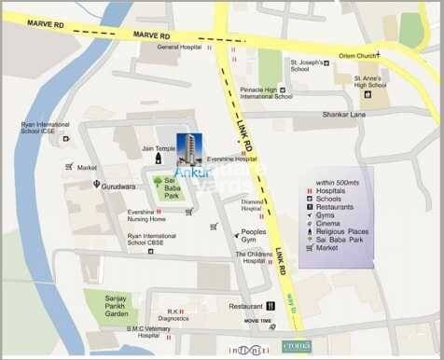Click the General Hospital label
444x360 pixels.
click(x=179, y=47)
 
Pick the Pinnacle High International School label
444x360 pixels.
click(x=265, y=92)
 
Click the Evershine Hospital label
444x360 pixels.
click(x=232, y=159)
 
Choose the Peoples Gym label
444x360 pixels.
click(x=254, y=236)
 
